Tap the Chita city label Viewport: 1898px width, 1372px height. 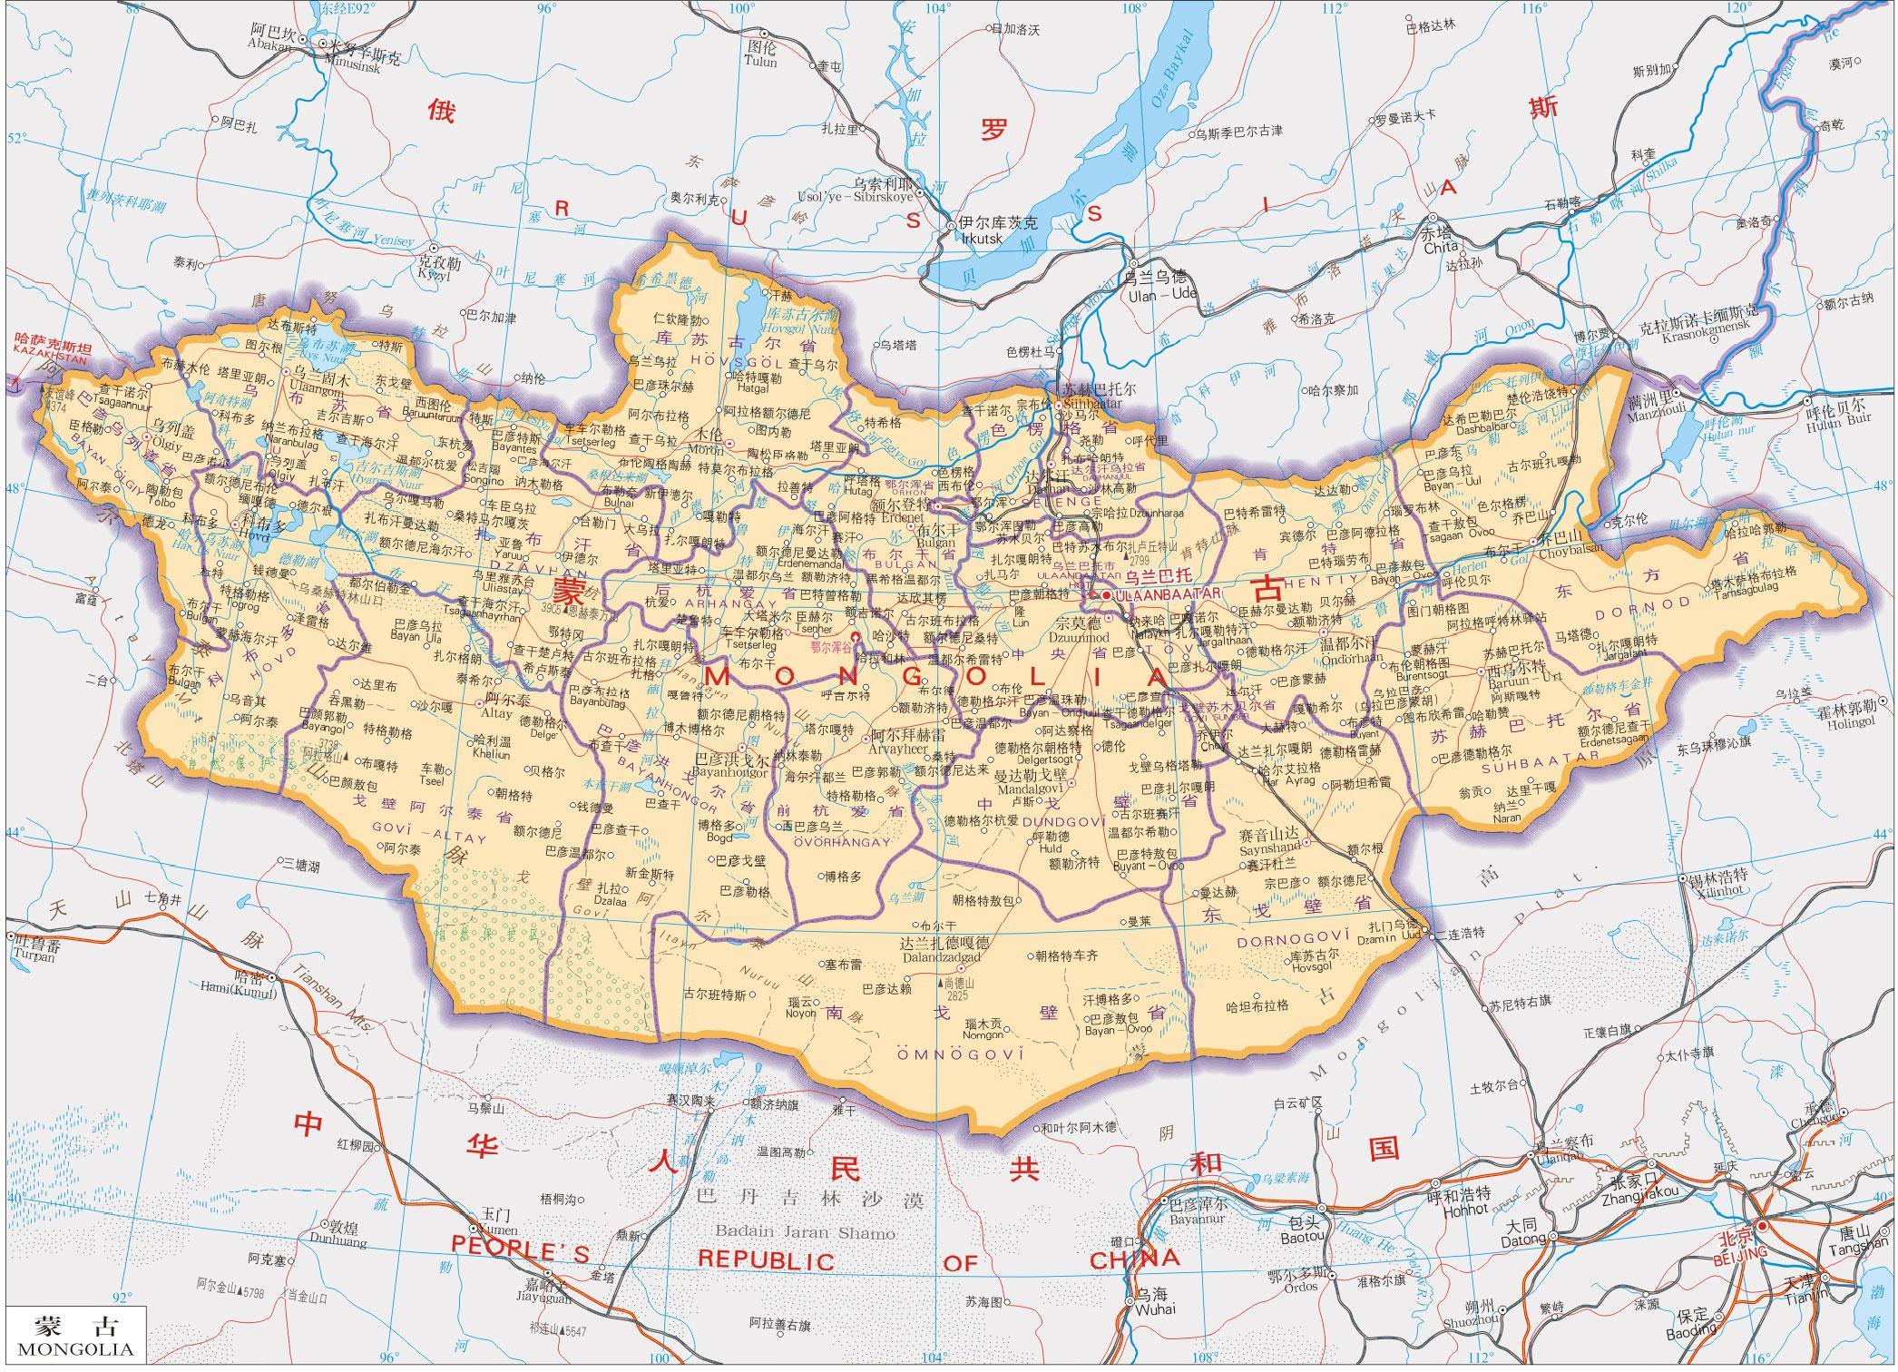pyautogui.click(x=1441, y=247)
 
